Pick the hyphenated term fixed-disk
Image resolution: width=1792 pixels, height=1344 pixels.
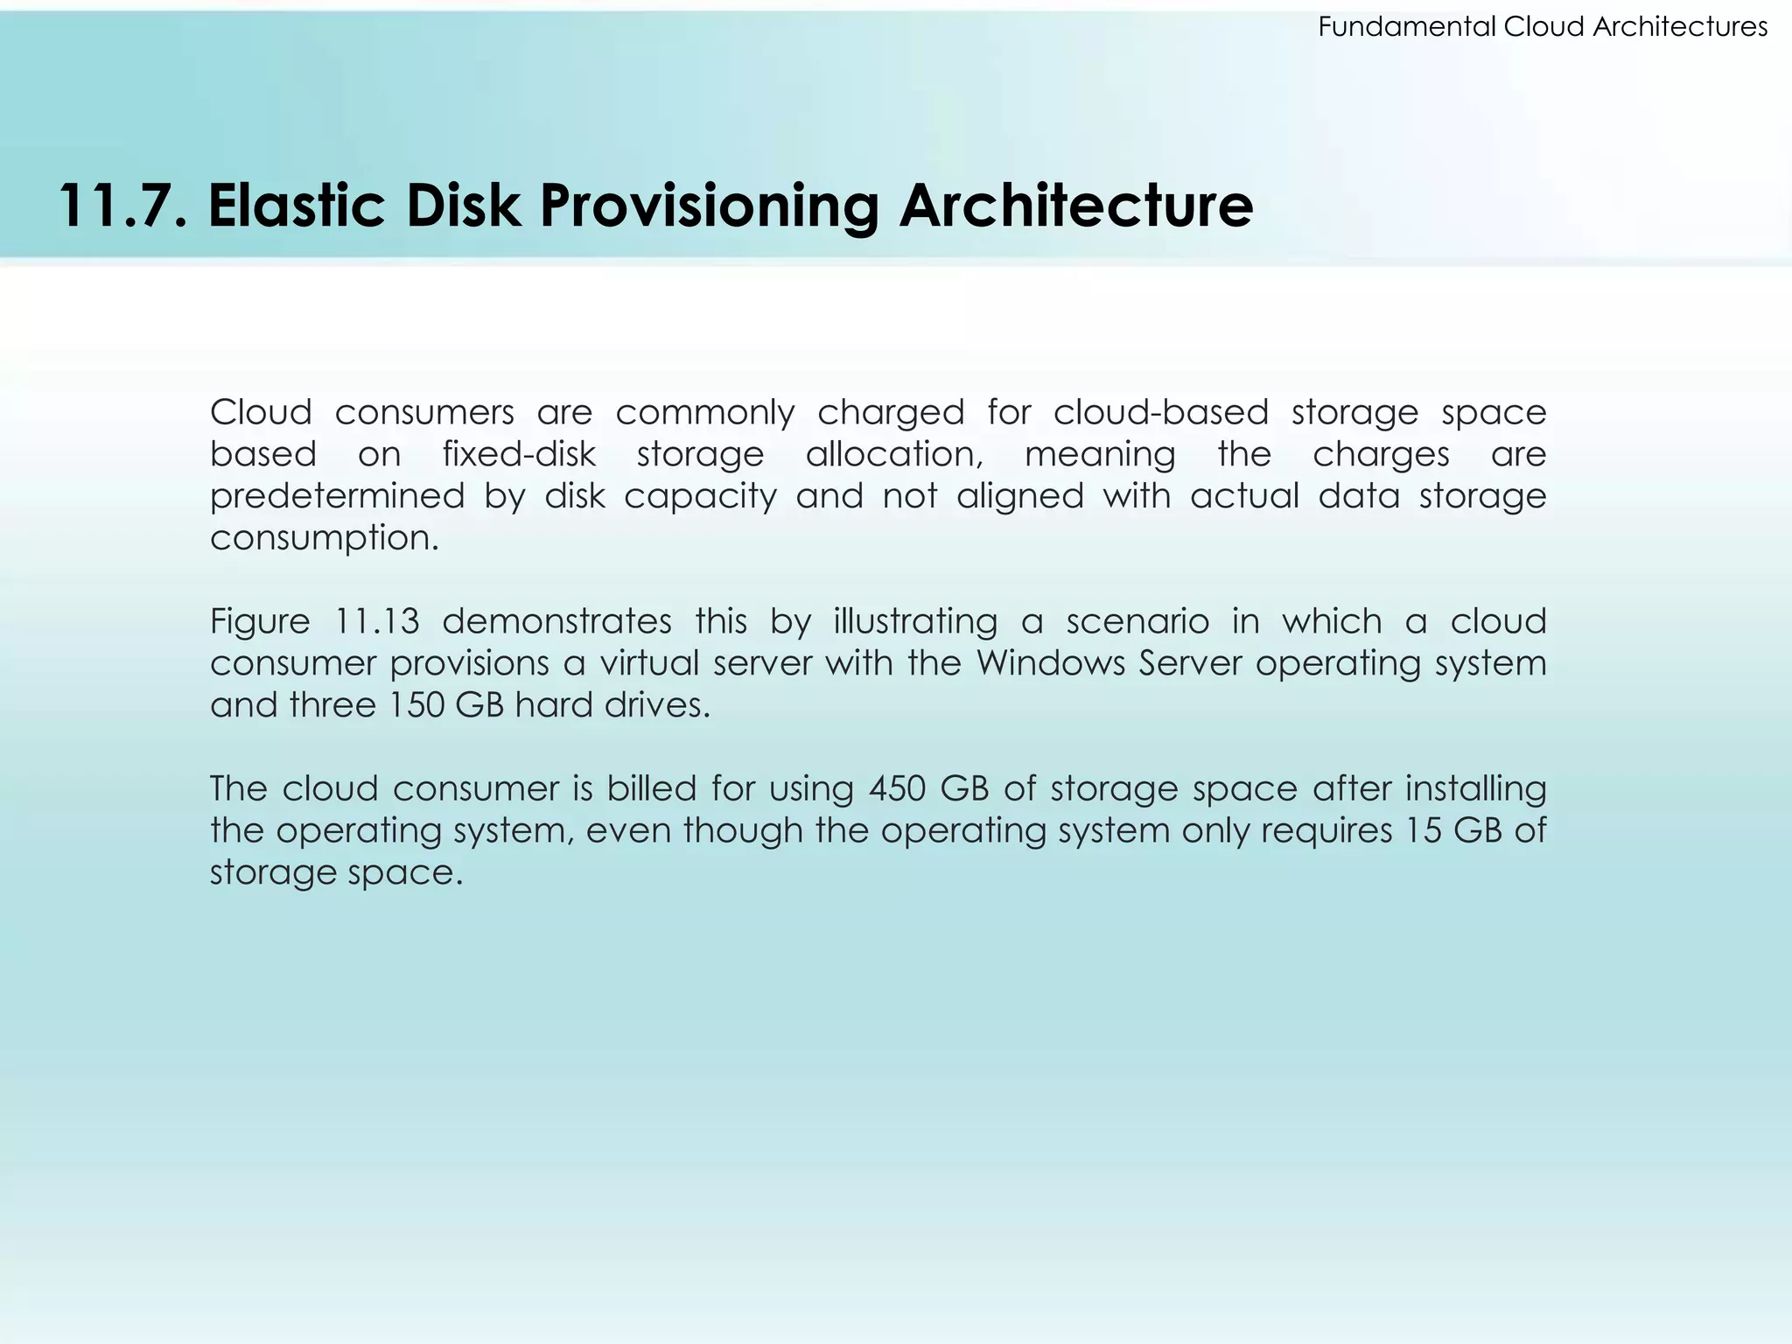pyautogui.click(x=519, y=454)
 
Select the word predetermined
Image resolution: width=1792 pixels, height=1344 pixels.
pyautogui.click(x=337, y=496)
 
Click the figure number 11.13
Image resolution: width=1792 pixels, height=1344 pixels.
pyautogui.click(x=377, y=621)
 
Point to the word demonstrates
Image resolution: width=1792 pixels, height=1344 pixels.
pyautogui.click(x=556, y=621)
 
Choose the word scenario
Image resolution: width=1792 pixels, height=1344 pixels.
pyautogui.click(x=1137, y=621)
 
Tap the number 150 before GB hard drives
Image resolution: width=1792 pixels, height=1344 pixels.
pyautogui.click(x=413, y=705)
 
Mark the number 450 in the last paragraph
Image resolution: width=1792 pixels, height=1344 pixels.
pyautogui.click(x=896, y=789)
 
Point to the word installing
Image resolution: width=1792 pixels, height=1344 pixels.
pyautogui.click(x=1476, y=789)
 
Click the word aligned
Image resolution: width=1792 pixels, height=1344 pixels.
pyautogui.click(x=1019, y=496)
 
